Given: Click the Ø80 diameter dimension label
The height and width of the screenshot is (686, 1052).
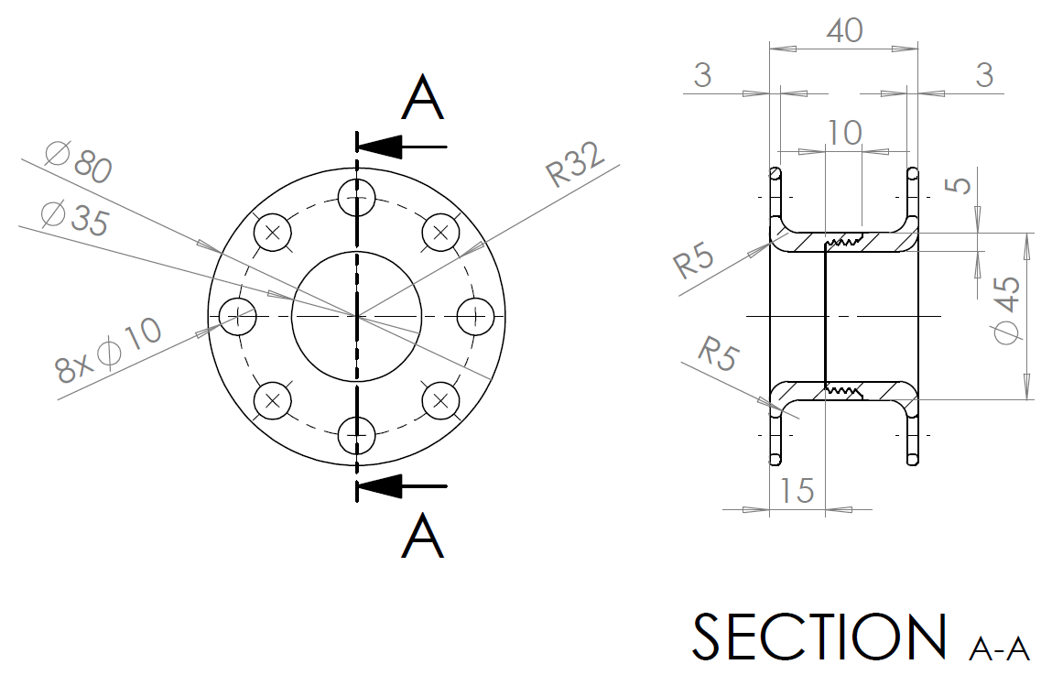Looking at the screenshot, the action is (x=78, y=162).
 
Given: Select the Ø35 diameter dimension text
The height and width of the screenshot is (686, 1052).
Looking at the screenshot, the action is (x=74, y=217).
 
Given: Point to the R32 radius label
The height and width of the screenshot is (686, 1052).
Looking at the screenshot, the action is (x=576, y=165).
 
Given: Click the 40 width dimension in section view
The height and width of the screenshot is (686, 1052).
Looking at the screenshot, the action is (x=844, y=31).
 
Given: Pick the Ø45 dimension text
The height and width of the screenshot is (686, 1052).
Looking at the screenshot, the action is (x=1007, y=310).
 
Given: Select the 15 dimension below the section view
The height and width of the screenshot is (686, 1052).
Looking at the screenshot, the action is (x=797, y=491).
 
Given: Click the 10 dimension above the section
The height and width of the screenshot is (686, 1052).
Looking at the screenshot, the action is (x=844, y=133).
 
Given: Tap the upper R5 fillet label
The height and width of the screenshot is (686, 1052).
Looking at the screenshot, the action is (x=695, y=260).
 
